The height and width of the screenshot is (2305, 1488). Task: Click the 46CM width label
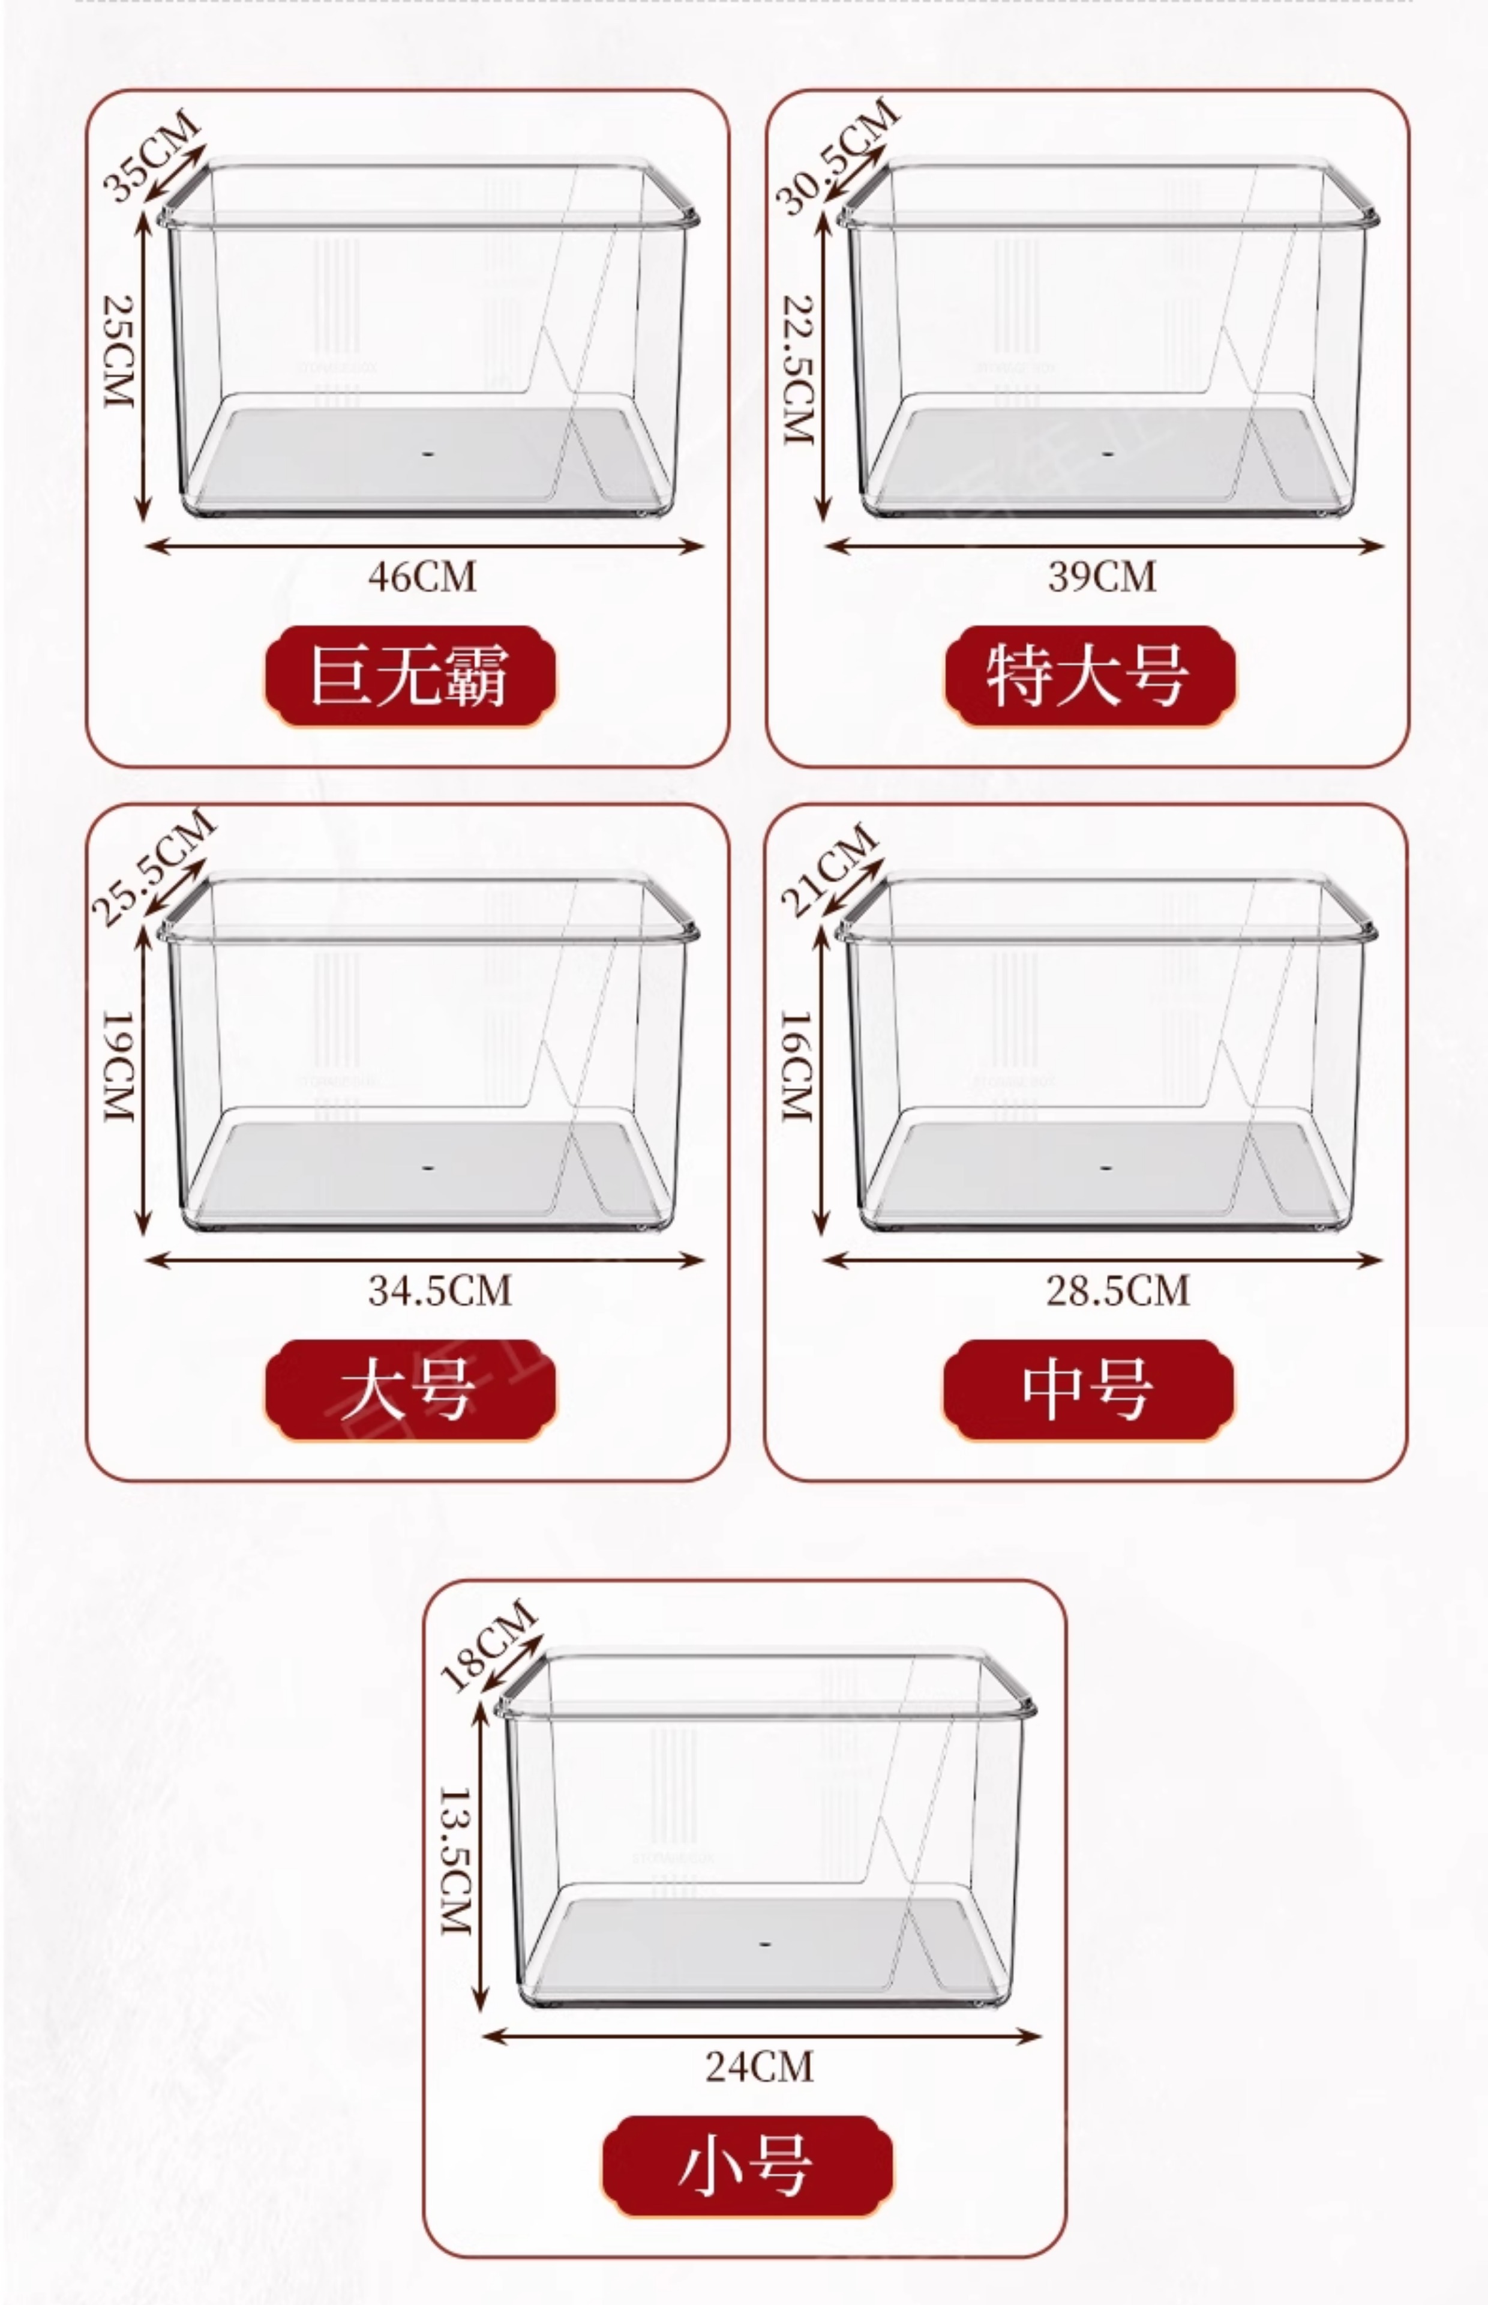click(422, 576)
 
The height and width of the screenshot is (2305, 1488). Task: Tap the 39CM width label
click(1102, 576)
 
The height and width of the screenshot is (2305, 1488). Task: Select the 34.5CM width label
click(440, 1290)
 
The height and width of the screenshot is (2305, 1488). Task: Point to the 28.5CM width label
click(1118, 1290)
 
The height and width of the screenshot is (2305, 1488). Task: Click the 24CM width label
click(760, 2066)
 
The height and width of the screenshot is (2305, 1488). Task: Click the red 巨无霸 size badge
click(410, 675)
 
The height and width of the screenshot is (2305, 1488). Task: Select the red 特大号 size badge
click(1089, 675)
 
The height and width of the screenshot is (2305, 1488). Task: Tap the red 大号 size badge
click(410, 1390)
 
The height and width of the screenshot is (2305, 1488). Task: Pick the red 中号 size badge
click(1088, 1390)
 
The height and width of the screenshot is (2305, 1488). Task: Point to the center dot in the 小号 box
click(764, 1942)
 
